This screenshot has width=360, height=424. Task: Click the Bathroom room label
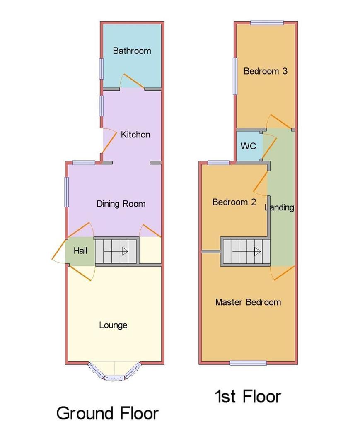point(132,51)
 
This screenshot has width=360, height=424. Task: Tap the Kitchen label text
point(135,135)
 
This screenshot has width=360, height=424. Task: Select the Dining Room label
point(121,204)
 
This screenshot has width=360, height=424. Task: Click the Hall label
point(80,251)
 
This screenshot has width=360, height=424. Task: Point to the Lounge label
point(113,325)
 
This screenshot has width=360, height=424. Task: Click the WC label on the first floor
point(248,146)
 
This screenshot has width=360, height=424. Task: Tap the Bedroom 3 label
point(265,71)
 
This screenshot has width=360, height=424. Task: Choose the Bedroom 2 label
point(234,202)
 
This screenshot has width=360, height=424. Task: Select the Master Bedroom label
point(248,302)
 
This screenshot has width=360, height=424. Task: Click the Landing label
point(279,207)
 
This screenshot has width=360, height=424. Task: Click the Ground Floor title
point(107,413)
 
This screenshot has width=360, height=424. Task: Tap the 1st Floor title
point(248,396)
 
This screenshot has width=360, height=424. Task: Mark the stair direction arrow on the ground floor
point(116,251)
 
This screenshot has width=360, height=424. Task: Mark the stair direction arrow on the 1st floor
point(246,252)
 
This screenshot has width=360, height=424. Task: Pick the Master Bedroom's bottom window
point(248,363)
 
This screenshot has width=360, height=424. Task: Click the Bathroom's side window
point(101,69)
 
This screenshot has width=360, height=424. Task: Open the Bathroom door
point(132,81)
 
